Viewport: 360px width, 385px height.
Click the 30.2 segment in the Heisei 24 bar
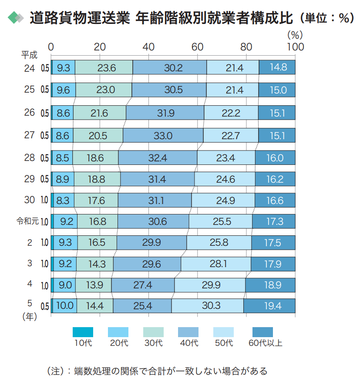170,68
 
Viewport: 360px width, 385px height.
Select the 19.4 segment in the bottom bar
269,306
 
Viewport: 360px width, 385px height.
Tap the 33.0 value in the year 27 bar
163,136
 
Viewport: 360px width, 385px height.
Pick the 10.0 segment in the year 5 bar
64,306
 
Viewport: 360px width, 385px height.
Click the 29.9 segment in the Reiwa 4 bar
210,285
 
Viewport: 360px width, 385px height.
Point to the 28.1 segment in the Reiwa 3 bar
216,264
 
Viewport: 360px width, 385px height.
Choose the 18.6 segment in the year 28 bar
95,157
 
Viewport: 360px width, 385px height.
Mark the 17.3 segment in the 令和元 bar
274,221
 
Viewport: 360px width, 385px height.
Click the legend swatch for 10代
83,332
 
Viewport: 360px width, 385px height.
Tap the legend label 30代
153,343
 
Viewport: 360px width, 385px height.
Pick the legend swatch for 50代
224,332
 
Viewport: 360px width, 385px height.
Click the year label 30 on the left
30,200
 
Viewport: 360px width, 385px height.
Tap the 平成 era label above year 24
30,55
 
